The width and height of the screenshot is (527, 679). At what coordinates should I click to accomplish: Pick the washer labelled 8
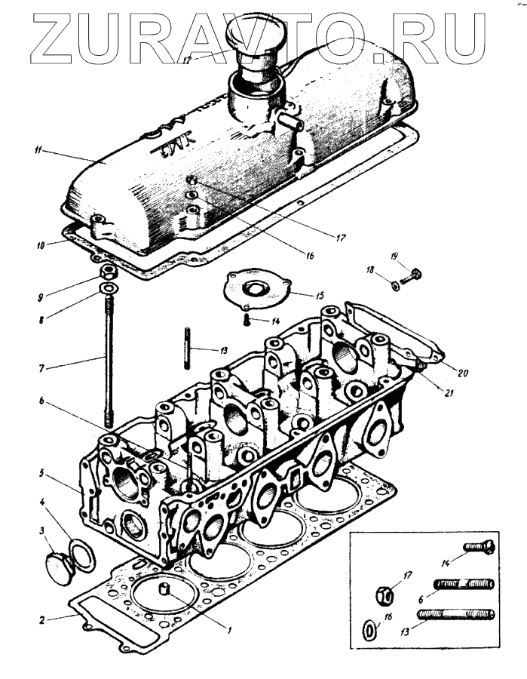pyautogui.click(x=108, y=289)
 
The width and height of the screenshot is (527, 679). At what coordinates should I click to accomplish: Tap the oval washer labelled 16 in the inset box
pyautogui.click(x=368, y=628)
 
